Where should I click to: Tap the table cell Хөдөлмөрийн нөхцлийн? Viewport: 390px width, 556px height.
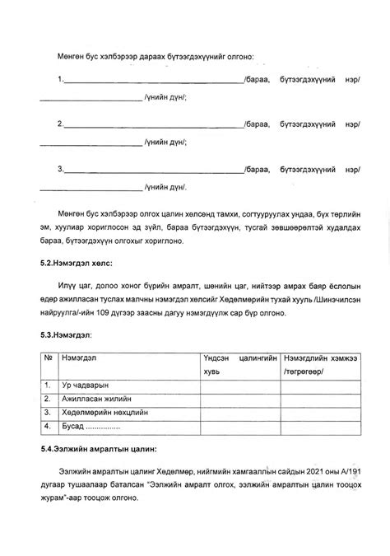(x=102, y=412)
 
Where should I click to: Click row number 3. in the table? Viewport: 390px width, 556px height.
(x=49, y=412)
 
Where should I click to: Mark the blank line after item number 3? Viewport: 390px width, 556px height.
(x=153, y=172)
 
